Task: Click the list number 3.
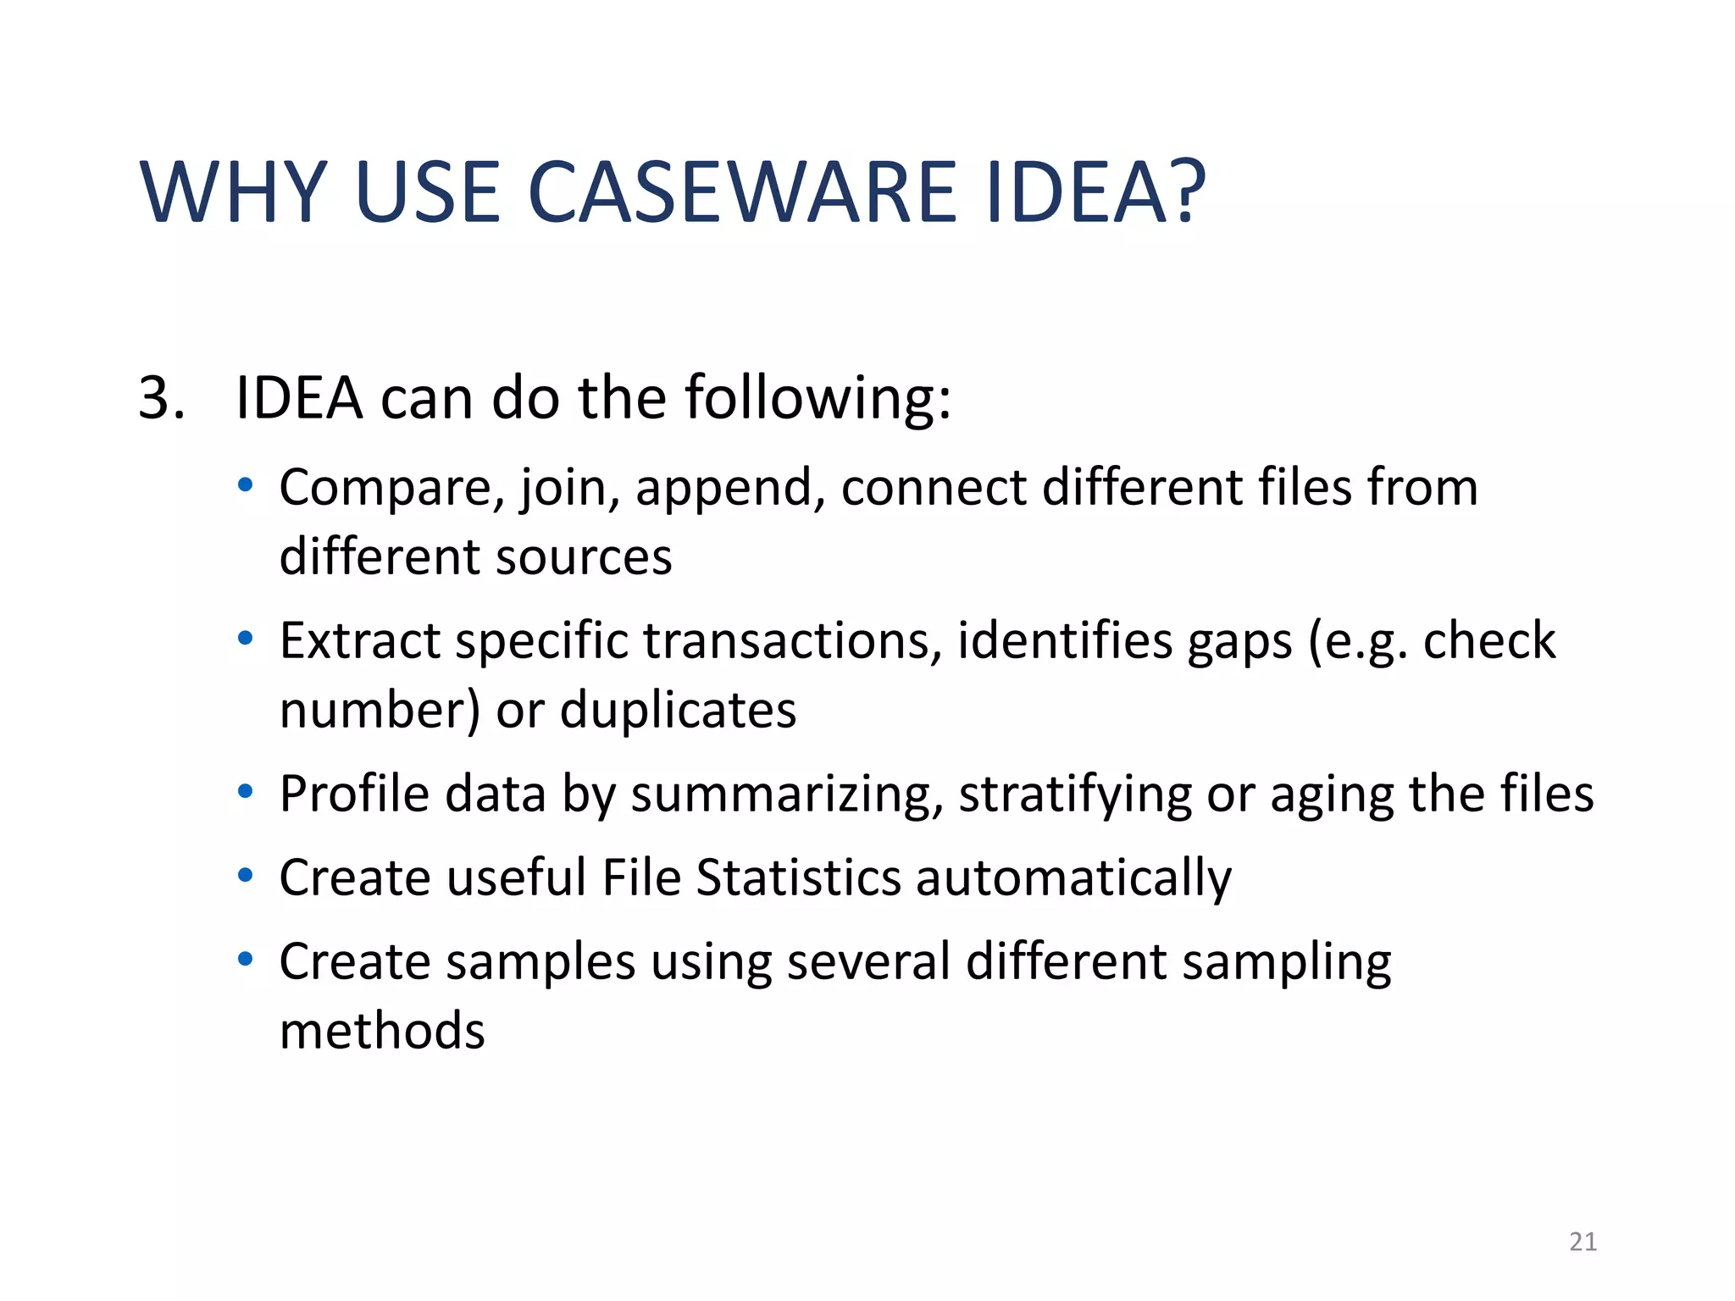pyautogui.click(x=161, y=398)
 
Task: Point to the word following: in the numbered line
pyautogui.click(x=818, y=398)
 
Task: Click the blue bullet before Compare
pyautogui.click(x=246, y=485)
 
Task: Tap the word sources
pyautogui.click(x=584, y=558)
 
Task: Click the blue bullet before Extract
pyautogui.click(x=246, y=638)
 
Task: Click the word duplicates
pyautogui.click(x=678, y=710)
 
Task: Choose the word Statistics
pyautogui.click(x=798, y=877)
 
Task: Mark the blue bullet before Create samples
pyautogui.click(x=246, y=959)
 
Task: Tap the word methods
pyautogui.click(x=382, y=1031)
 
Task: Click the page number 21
pyautogui.click(x=1583, y=1242)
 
